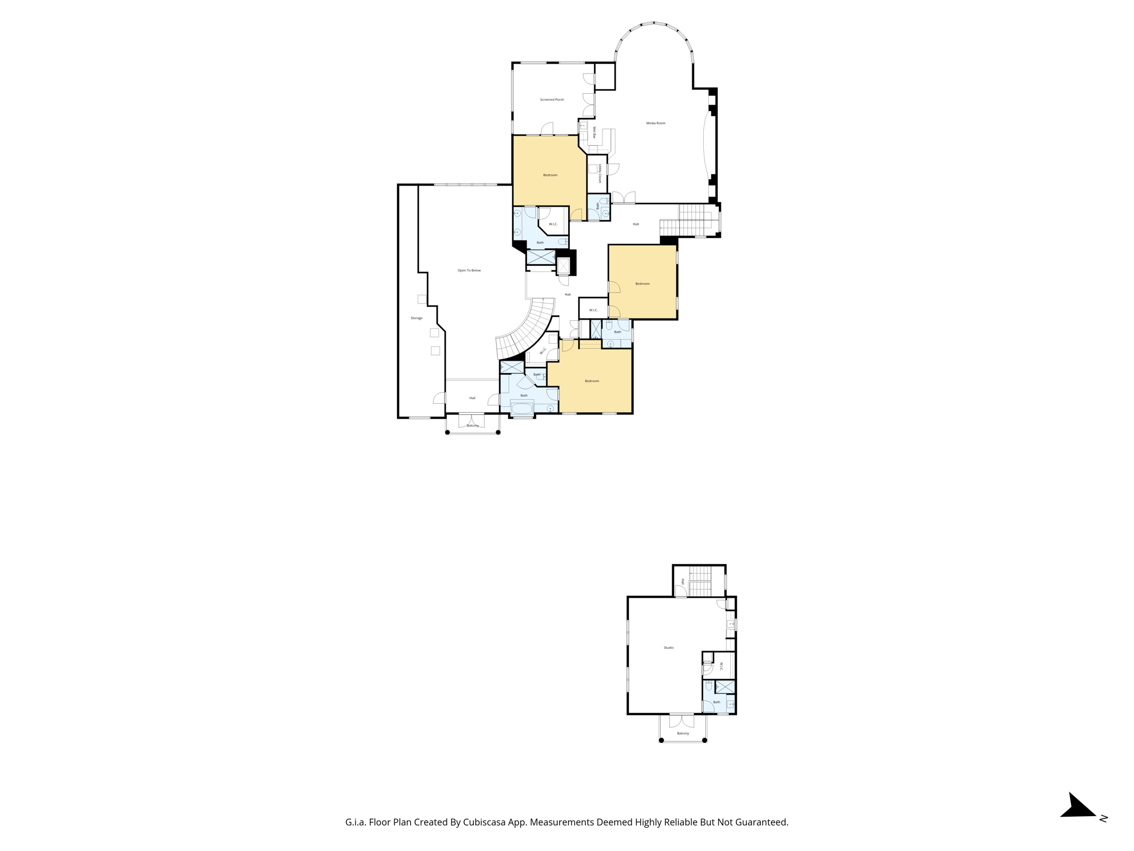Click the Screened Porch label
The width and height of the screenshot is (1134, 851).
[x=551, y=100]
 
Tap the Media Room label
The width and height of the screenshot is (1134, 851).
[x=656, y=123]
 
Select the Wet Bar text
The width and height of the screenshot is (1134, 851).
[x=594, y=132]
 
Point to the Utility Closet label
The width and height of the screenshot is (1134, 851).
[x=600, y=173]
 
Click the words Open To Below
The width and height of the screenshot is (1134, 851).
[x=469, y=270]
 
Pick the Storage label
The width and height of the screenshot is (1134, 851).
[x=416, y=318]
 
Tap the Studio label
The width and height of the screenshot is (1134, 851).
[x=668, y=648]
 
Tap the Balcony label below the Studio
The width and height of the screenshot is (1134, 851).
[x=683, y=734]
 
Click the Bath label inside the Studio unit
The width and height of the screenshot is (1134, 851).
[x=717, y=702]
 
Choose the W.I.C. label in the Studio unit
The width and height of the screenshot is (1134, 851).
[x=721, y=667]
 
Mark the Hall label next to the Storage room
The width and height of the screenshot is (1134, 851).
[x=472, y=398]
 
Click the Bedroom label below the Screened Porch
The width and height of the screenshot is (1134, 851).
[x=550, y=175]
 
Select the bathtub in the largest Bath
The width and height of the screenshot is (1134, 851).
[x=522, y=409]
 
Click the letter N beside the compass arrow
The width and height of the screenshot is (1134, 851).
[x=1103, y=818]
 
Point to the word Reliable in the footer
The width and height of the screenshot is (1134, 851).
[x=680, y=822]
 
